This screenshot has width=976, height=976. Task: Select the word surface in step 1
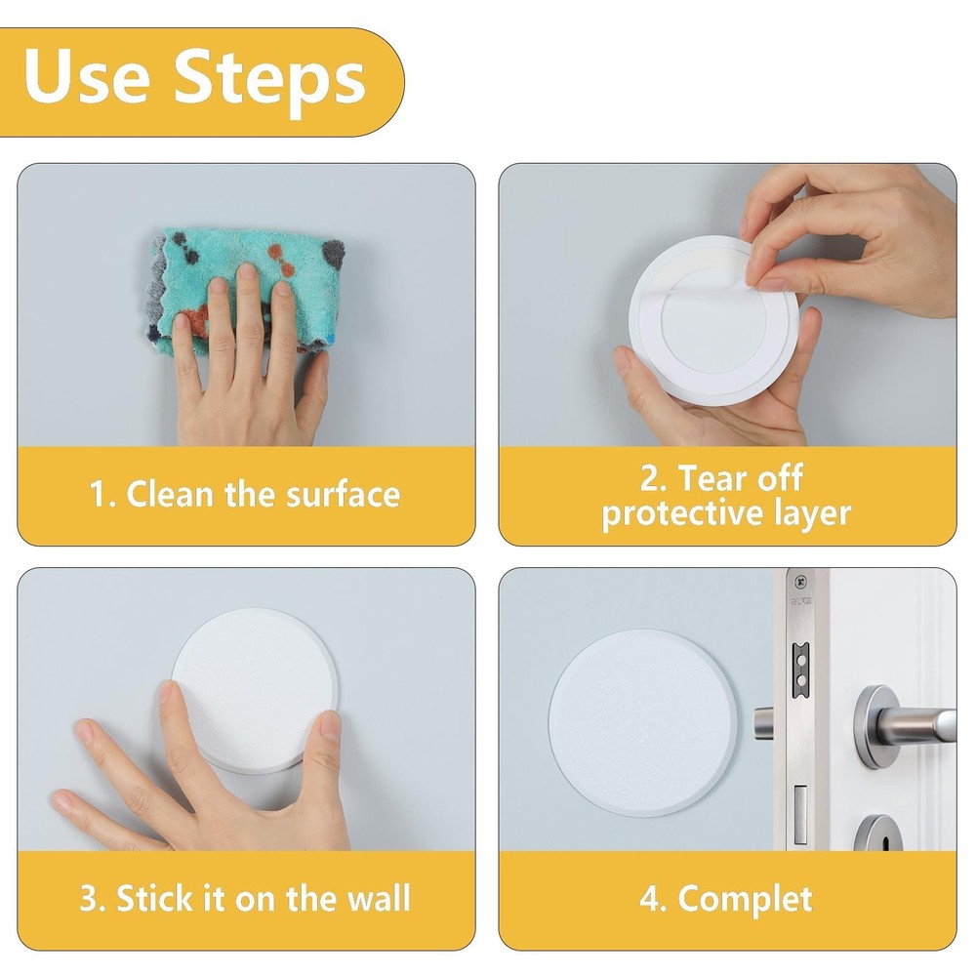point(343,494)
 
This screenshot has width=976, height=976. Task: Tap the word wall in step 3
point(379,898)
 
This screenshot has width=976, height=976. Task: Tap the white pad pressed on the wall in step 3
point(255,690)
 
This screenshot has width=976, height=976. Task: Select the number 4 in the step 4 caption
point(650,899)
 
